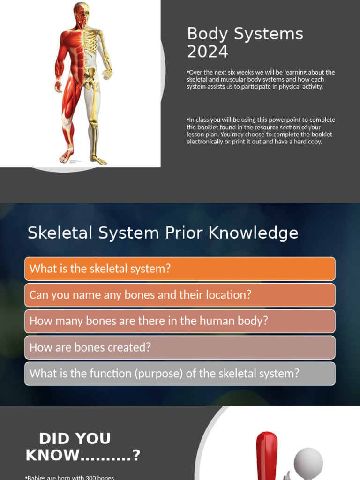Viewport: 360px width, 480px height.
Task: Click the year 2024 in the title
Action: tap(207, 52)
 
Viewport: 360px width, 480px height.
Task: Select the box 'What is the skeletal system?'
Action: tap(180, 269)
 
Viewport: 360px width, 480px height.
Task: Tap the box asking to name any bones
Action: tap(180, 295)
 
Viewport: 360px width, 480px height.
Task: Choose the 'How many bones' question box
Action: tap(180, 321)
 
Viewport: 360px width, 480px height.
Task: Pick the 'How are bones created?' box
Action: tap(180, 347)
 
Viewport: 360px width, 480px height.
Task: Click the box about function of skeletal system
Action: tap(180, 374)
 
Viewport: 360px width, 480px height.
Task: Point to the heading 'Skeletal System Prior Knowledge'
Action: tap(163, 233)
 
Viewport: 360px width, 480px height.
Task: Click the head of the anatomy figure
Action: tap(81, 13)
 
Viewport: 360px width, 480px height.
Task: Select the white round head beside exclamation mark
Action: tap(308, 461)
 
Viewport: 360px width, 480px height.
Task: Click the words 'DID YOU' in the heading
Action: tap(75, 439)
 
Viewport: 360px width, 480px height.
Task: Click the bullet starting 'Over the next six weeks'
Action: tap(261, 79)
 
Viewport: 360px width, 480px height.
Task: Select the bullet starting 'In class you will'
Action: tap(261, 131)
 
